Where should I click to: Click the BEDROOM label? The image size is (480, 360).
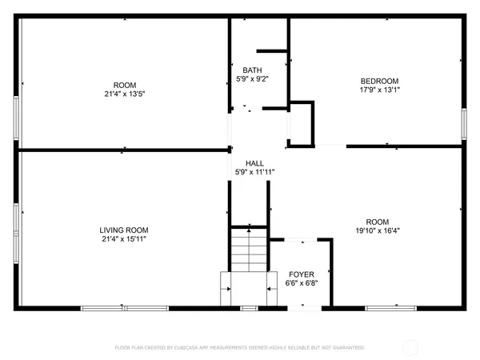click(379, 81)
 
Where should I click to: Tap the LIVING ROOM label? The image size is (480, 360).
click(123, 229)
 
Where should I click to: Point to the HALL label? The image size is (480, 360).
click(254, 161)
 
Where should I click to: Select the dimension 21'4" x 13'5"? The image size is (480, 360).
click(123, 93)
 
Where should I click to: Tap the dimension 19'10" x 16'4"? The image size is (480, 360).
click(378, 231)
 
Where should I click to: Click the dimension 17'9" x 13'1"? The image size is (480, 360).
click(379, 90)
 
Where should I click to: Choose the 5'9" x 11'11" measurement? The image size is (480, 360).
click(254, 170)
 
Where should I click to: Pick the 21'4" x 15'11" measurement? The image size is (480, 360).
click(123, 238)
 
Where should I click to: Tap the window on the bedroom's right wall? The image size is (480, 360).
click(464, 125)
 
